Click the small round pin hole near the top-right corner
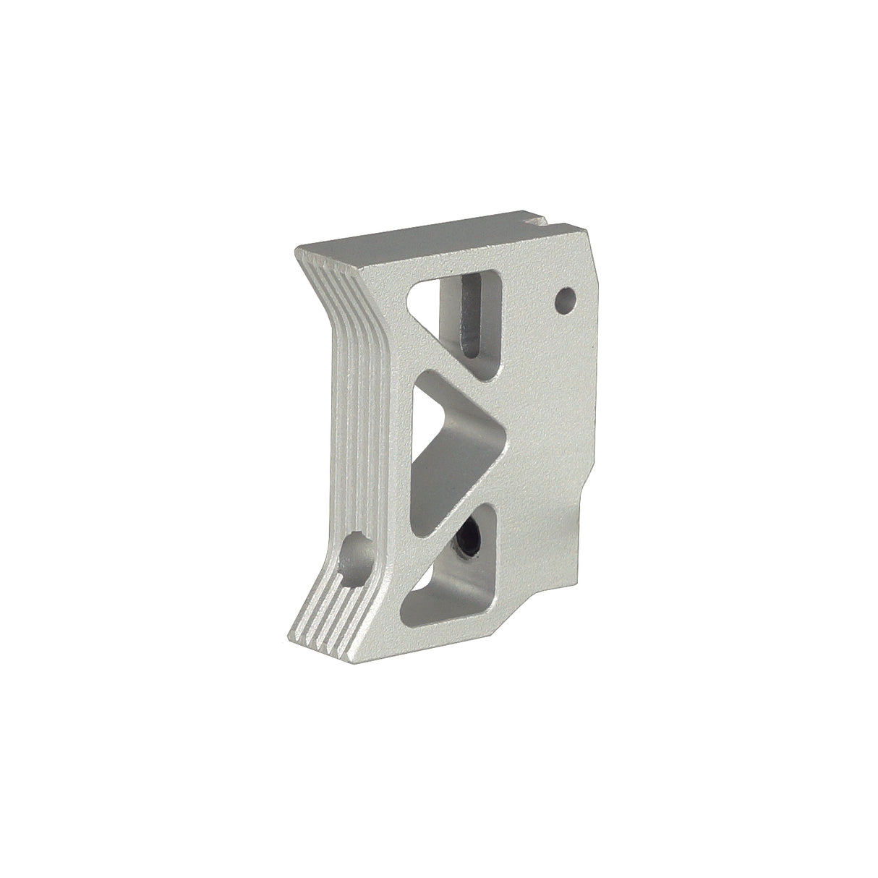tap(566, 297)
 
